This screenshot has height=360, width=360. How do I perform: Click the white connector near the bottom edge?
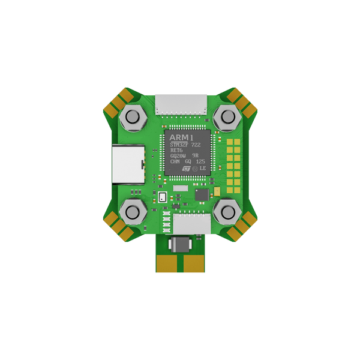click(192, 224)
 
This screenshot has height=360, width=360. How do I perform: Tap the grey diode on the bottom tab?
click(180, 244)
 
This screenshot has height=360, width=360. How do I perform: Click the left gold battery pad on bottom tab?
click(167, 262)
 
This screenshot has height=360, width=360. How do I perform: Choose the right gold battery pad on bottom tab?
click(193, 262)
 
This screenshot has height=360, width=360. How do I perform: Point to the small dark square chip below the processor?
click(202, 194)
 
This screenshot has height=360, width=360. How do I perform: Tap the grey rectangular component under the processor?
click(181, 188)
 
